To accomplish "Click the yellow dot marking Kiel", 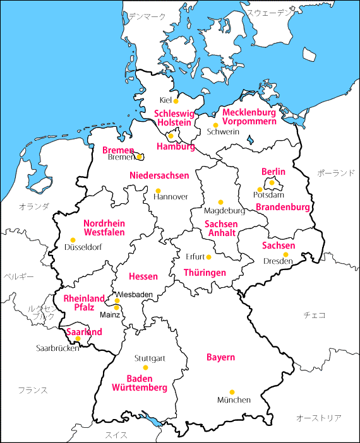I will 176,100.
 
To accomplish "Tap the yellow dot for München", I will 232,392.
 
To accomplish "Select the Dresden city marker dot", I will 285,254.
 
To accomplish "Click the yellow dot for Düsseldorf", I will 73,240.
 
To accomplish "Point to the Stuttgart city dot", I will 145,367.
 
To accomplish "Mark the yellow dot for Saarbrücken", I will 78,339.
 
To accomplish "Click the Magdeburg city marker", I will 220,202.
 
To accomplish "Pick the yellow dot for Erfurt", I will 208,257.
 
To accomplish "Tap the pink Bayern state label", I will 220,357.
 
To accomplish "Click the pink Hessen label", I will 143,276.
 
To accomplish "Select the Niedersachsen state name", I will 159,175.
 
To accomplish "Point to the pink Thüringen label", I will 205,273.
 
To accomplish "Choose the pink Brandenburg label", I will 283,207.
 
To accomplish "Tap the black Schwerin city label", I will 223,132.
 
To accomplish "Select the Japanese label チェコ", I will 314,314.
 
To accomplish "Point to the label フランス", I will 32,390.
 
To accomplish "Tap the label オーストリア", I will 319,418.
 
